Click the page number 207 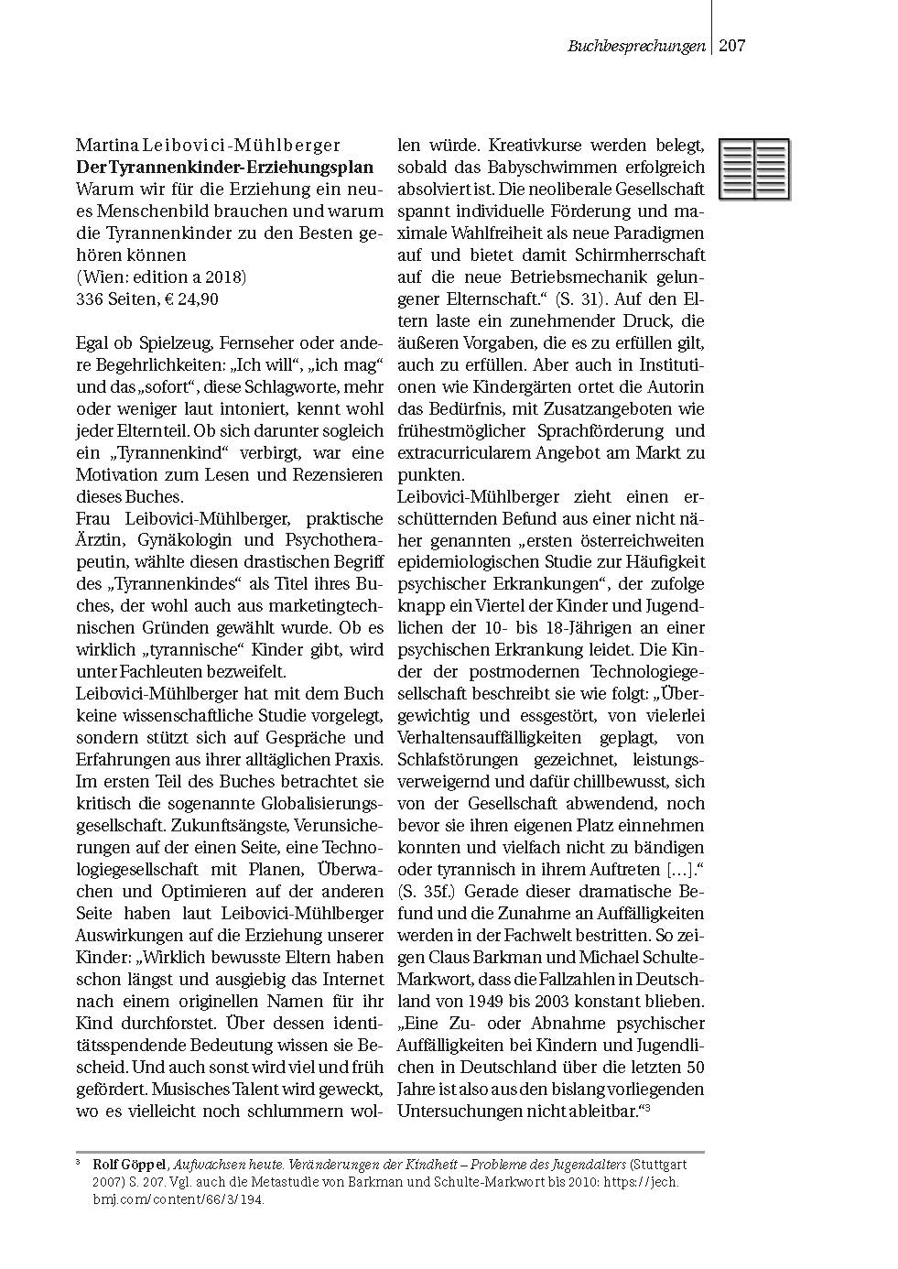732,45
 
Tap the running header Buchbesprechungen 636,46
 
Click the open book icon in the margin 754,169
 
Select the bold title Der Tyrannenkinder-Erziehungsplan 225,167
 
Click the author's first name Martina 104,145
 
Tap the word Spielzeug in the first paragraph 160,343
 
